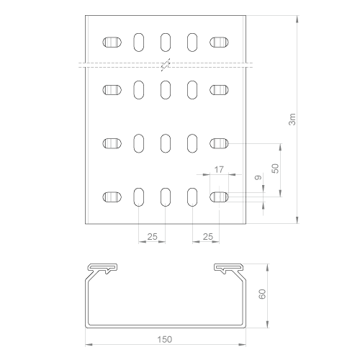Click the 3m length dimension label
pos(292,120)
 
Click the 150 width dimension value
pos(165,339)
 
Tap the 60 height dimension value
pos(262,294)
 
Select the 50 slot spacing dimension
pos(275,168)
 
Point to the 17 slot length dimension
pos(219,170)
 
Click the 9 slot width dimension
pos(258,178)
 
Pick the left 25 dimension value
pos(152,237)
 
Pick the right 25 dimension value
pos(208,237)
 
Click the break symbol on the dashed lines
pos(166,65)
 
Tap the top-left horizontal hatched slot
pos(112,42)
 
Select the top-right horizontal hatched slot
pos(219,42)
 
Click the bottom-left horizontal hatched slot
pos(112,197)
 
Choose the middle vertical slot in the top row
pos(166,42)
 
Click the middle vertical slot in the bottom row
pos(166,197)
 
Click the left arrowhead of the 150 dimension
pos(89,345)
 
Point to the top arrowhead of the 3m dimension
pos(297,19)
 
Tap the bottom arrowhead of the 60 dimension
pos(267,324)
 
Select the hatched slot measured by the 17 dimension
pos(219,197)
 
